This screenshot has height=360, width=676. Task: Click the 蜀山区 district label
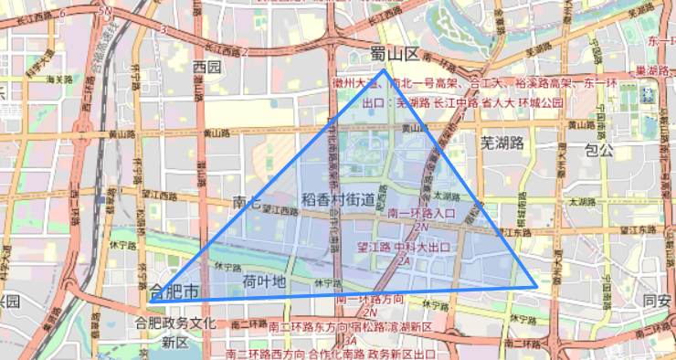395,54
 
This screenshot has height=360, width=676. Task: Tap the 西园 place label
207,67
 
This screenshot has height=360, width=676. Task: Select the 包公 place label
598,149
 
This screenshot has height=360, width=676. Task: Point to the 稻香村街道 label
337,199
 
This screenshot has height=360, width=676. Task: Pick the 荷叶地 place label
265,281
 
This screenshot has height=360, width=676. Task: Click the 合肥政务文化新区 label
174,333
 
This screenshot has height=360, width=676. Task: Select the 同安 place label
656,301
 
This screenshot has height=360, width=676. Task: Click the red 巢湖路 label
652,70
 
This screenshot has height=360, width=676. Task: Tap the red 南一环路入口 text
421,214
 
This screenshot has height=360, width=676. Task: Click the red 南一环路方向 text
369,300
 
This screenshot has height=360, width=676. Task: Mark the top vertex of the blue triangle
384,70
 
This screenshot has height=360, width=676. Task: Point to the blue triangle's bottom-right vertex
536,287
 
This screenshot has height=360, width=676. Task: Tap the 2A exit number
403,259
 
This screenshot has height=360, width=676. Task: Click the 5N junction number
107,11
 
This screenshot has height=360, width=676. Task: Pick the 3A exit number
350,341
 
